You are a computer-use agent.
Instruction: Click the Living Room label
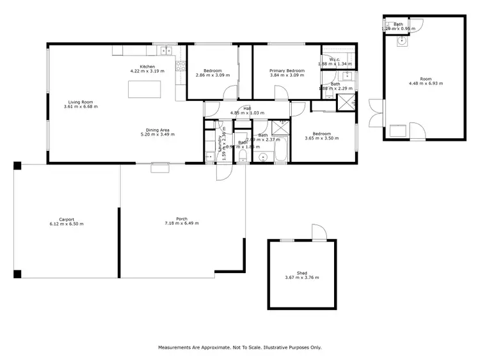pyautogui.click(x=81, y=102)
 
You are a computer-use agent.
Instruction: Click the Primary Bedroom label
pyautogui.click(x=286, y=70)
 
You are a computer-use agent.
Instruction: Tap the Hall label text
pyautogui.click(x=247, y=108)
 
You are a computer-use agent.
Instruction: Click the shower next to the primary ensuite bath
pyautogui.click(x=346, y=101)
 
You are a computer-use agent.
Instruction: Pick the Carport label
pyautogui.click(x=67, y=219)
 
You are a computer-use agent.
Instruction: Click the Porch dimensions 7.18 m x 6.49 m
pyautogui.click(x=182, y=224)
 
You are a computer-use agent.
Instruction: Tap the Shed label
pyautogui.click(x=302, y=272)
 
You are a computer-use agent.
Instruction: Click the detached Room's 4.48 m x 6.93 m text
pyautogui.click(x=426, y=83)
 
